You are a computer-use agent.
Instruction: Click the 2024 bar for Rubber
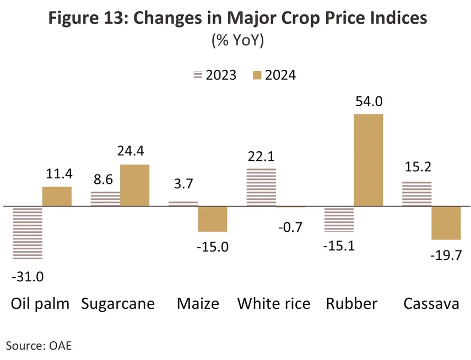[x=368, y=160]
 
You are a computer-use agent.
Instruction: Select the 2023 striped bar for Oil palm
[x=28, y=233]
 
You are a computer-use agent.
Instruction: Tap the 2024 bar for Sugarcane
[x=134, y=186]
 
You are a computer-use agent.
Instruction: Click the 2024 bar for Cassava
[x=446, y=223]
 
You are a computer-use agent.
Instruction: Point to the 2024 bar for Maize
[x=213, y=219]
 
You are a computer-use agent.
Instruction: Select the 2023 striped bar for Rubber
[x=339, y=219]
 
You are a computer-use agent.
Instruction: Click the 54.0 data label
[x=368, y=102]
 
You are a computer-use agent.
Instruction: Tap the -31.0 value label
[x=28, y=276]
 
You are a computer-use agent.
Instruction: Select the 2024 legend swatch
[x=256, y=75]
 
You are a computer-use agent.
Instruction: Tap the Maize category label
[x=198, y=303]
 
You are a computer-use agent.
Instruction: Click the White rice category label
[x=274, y=303]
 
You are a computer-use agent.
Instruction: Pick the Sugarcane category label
[x=118, y=303]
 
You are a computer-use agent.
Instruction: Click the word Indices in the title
[x=392, y=18]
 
